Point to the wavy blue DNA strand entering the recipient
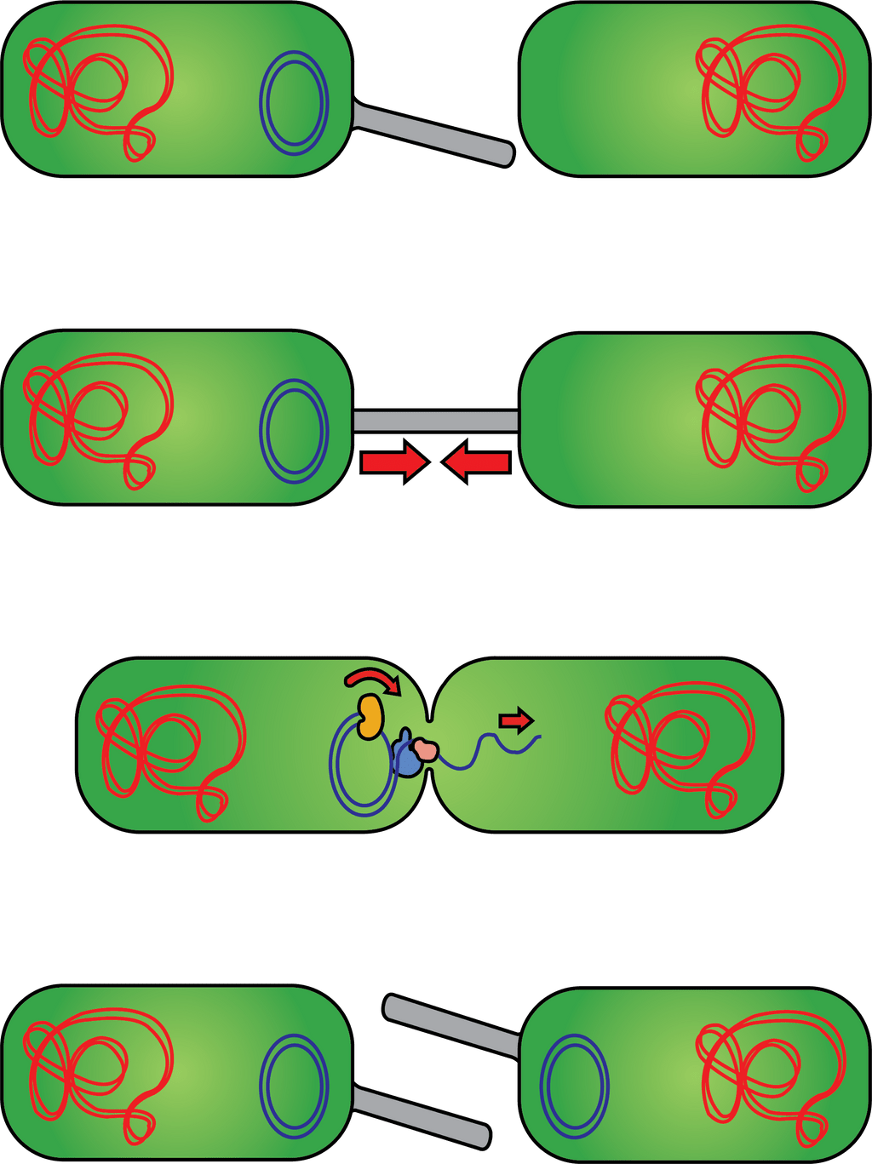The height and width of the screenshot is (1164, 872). click(494, 748)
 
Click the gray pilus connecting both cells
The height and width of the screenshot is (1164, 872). click(435, 421)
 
